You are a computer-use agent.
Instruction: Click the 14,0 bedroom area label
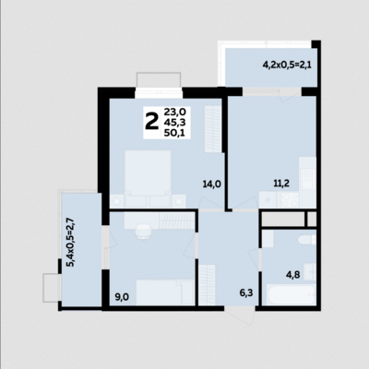point(212,184)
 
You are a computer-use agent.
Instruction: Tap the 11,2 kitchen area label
point(281,184)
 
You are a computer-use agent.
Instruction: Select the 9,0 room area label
point(122,297)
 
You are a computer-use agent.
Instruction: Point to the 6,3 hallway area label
point(246,292)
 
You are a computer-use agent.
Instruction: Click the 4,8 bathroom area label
point(293,275)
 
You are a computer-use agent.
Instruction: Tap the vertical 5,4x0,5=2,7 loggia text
point(70,243)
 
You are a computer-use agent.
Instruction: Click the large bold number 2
point(151,121)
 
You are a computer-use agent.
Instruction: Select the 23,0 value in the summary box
point(173,111)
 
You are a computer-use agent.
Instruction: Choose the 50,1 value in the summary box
point(173,134)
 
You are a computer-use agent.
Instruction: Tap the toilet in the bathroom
point(305,241)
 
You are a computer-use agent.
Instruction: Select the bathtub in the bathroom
point(292,294)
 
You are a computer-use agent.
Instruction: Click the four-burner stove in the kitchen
point(291,199)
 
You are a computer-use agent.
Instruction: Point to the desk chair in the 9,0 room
point(143,232)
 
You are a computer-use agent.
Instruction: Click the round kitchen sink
point(268,199)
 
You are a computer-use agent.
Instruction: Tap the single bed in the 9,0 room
point(164,292)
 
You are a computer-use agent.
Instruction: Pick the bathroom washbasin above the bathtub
point(310,271)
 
